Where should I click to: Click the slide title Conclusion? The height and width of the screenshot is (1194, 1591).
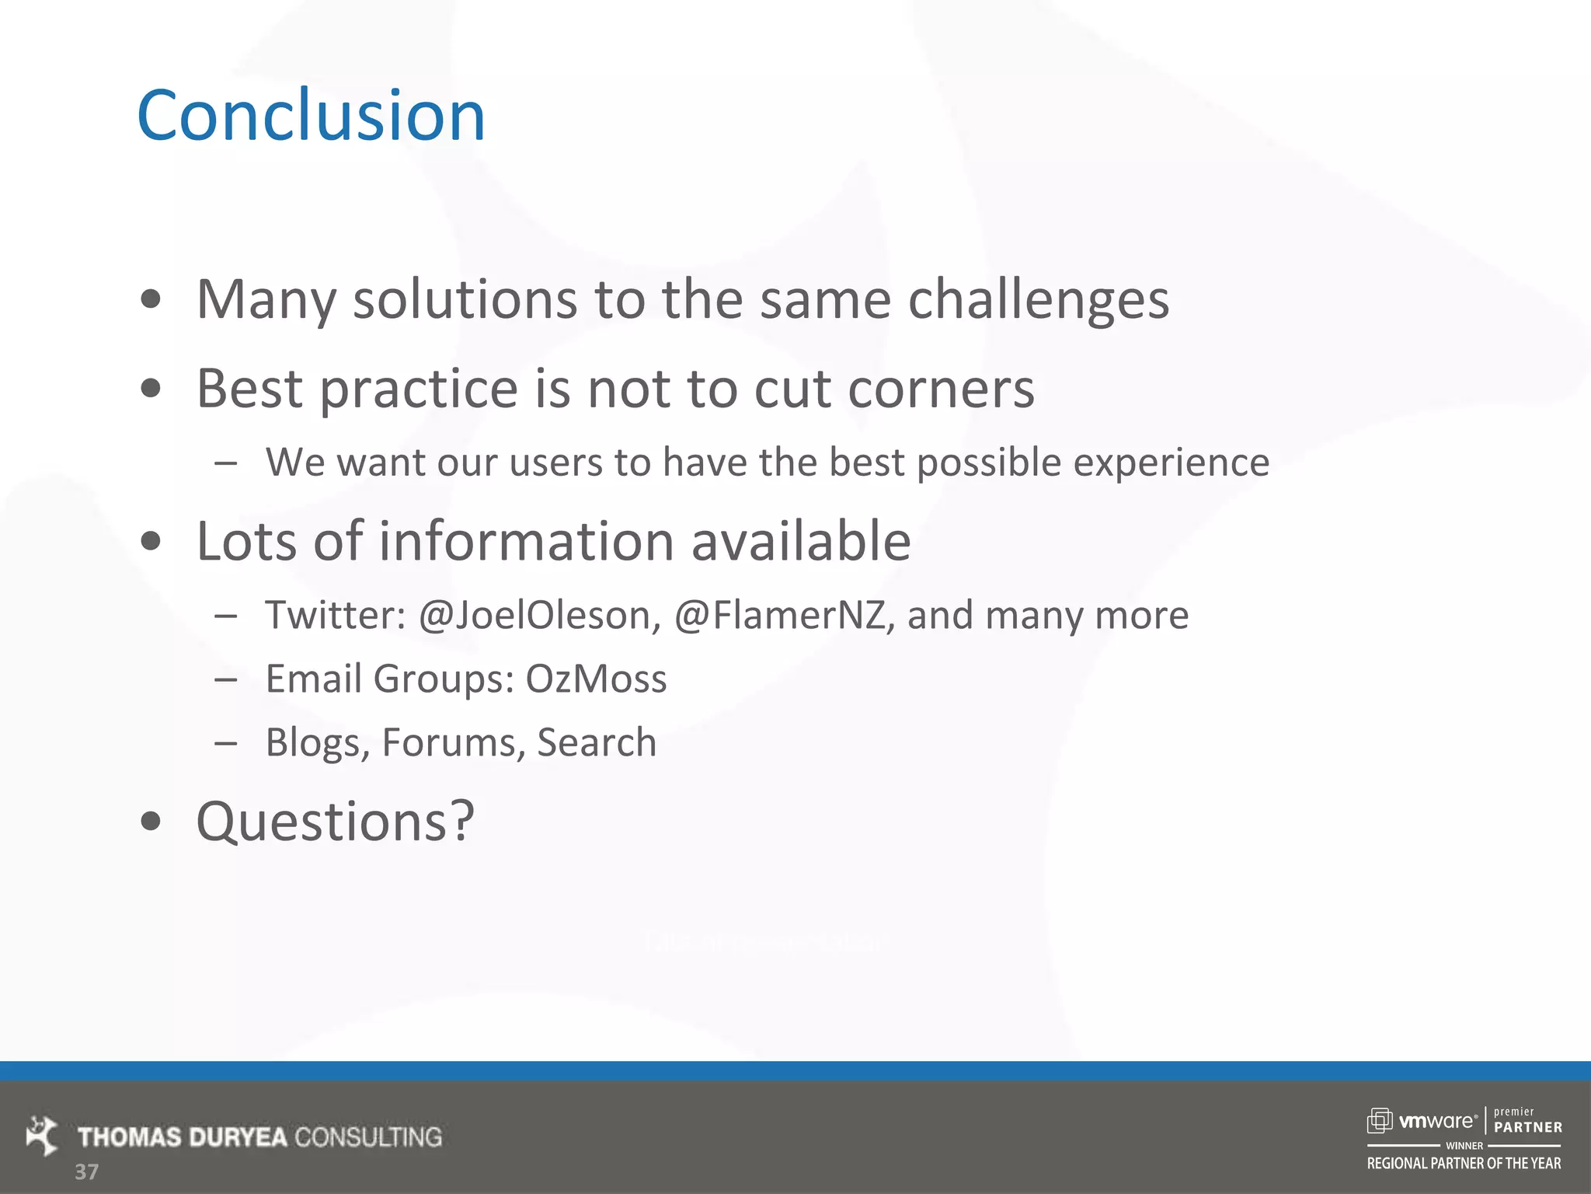click(x=311, y=117)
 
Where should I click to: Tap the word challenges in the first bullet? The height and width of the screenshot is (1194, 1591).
click(x=1039, y=300)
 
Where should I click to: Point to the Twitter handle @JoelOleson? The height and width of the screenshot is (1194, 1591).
click(x=540, y=616)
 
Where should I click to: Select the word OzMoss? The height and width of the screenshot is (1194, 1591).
click(x=596, y=679)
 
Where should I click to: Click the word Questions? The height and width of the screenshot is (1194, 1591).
click(x=335, y=822)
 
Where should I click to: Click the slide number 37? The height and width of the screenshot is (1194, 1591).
click(x=86, y=1171)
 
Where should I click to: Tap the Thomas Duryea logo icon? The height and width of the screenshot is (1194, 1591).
click(x=42, y=1136)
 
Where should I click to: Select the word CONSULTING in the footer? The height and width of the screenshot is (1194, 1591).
click(x=368, y=1137)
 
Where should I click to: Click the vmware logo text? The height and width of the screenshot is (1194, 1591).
click(x=1436, y=1121)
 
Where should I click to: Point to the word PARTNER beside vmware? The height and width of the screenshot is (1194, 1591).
click(x=1527, y=1127)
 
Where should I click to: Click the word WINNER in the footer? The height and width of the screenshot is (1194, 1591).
click(x=1464, y=1146)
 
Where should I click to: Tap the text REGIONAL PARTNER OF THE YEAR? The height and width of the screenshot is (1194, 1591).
click(x=1464, y=1164)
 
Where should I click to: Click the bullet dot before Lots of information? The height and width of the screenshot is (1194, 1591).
click(x=151, y=542)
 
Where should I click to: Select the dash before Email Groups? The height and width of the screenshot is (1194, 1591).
click(x=226, y=679)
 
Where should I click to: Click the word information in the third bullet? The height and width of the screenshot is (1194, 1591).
click(x=526, y=542)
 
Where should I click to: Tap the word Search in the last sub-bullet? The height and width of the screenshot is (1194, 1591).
click(x=596, y=742)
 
